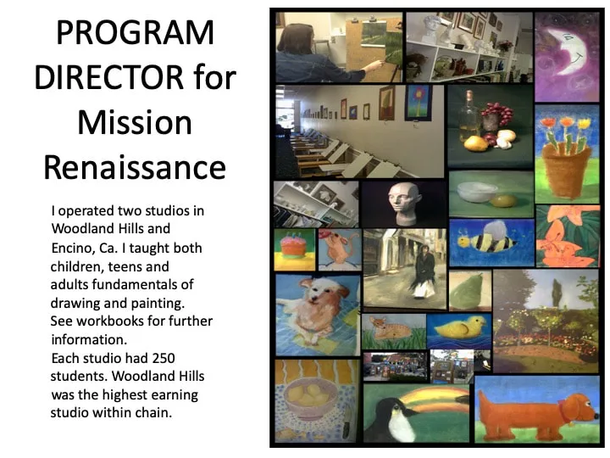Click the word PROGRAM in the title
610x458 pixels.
click(136, 32)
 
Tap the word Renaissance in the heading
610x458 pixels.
click(135, 167)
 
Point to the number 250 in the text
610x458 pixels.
click(164, 358)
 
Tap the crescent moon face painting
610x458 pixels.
click(567, 57)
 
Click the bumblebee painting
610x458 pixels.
click(491, 243)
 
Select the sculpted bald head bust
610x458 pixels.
click(404, 204)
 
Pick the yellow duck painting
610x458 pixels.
click(459, 331)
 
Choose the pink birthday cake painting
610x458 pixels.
click(295, 249)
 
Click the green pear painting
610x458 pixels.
click(470, 291)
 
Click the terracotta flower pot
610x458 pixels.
click(565, 170)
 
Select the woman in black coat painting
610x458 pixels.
click(405, 269)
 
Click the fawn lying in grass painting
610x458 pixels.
click(394, 332)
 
